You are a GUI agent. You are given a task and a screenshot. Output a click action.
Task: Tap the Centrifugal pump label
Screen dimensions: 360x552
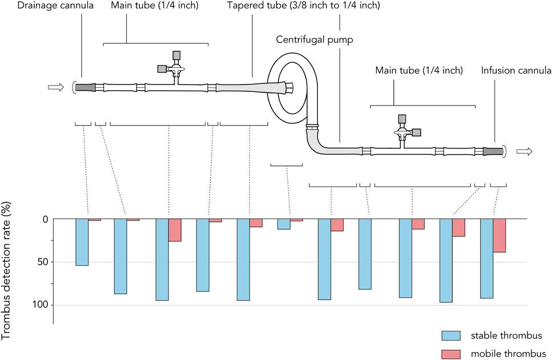click(315, 40)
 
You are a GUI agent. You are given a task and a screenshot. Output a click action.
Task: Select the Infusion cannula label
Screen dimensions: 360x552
click(516, 71)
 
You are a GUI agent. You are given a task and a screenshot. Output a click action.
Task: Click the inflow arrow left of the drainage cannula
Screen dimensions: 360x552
click(56, 87)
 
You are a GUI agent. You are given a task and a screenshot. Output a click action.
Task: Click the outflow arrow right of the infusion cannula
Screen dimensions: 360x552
click(523, 151)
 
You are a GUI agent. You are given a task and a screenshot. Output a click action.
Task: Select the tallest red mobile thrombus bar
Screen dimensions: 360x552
click(499, 236)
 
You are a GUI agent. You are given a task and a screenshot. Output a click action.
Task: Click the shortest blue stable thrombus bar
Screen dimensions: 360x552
click(284, 224)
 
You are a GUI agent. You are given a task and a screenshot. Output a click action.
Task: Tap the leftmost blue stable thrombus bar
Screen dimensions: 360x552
click(82, 242)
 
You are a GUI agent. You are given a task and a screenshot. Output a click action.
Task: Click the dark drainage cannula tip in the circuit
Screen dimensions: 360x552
click(85, 88)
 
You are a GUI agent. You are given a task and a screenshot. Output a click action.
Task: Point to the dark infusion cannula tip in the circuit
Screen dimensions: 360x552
click(493, 151)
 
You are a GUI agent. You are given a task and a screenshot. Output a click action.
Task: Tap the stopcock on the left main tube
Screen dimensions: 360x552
click(176, 67)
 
